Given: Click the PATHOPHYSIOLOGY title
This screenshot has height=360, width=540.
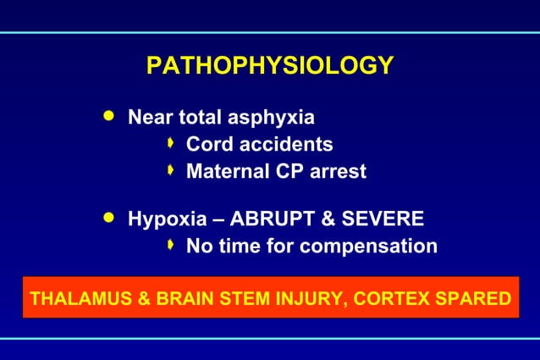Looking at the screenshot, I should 269,66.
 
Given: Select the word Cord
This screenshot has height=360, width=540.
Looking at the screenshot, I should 208,144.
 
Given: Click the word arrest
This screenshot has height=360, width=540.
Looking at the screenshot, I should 337,171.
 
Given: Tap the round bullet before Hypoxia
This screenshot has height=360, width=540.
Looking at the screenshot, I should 107,218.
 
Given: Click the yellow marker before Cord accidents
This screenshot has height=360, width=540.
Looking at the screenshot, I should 171,143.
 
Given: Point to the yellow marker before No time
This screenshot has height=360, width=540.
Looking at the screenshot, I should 171,246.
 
